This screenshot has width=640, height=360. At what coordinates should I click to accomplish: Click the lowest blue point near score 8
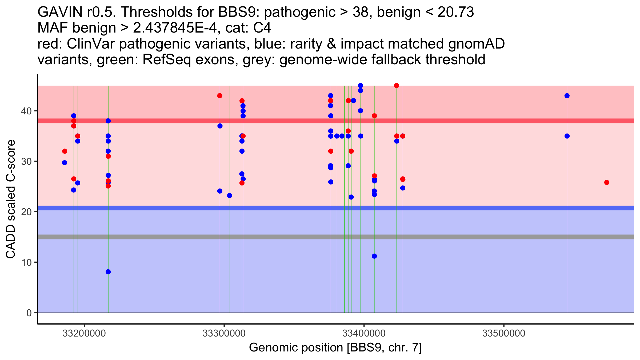(x=108, y=272)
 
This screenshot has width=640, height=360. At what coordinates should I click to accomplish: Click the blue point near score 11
(x=374, y=256)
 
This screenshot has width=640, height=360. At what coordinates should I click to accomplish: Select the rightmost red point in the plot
(x=607, y=182)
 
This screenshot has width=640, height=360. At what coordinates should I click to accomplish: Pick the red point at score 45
(x=397, y=86)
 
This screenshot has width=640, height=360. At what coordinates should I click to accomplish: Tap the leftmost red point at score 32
(x=65, y=151)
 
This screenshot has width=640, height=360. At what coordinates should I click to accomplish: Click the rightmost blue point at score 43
(x=567, y=96)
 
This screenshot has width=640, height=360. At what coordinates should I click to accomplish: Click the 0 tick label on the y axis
(x=29, y=313)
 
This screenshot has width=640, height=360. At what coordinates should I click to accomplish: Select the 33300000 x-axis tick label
(x=224, y=334)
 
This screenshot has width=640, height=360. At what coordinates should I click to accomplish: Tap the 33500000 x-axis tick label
(x=504, y=334)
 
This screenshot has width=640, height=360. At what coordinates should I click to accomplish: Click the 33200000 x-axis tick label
(x=84, y=334)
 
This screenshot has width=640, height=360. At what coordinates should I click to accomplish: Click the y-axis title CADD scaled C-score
(x=11, y=199)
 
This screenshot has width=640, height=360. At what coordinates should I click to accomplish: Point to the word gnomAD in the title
(x=476, y=44)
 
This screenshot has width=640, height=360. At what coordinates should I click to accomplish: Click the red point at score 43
(x=220, y=96)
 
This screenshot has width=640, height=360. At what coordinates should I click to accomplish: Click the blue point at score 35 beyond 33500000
(x=567, y=136)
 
